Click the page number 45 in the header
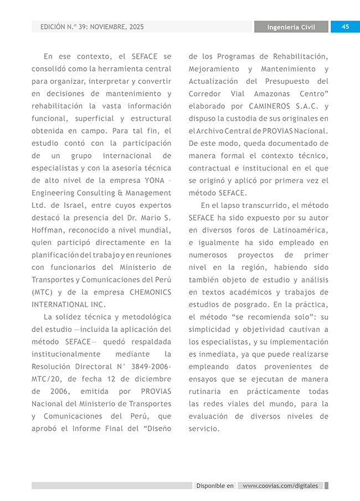(345, 27)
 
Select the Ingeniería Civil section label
(291, 27)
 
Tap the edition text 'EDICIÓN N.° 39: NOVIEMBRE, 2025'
(92, 27)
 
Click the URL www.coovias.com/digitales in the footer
(280, 486)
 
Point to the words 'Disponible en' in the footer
(215, 486)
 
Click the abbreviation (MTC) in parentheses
(42, 292)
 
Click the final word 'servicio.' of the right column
(204, 428)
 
